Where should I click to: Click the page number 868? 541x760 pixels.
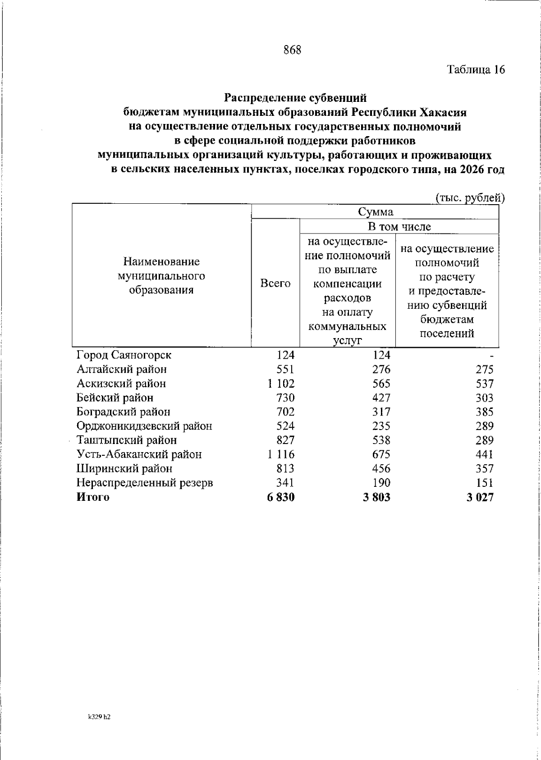pos(292,50)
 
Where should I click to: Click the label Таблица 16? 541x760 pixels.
pos(476,69)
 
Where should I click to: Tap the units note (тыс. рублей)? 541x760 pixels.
pos(469,198)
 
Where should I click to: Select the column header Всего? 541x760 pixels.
pos(275,284)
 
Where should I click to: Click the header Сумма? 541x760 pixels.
pos(375,212)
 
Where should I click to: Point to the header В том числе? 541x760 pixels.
pos(399,227)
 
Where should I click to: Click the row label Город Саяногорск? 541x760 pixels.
pos(124,355)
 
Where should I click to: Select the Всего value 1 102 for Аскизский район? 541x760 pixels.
pos(280,384)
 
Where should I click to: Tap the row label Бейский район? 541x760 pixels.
pos(115,398)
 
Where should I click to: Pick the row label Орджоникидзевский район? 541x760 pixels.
pos(144,426)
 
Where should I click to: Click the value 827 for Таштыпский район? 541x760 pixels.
pos(285,440)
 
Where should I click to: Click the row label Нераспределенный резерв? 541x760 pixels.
pos(145,483)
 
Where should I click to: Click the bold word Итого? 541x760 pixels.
pos(93,497)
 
